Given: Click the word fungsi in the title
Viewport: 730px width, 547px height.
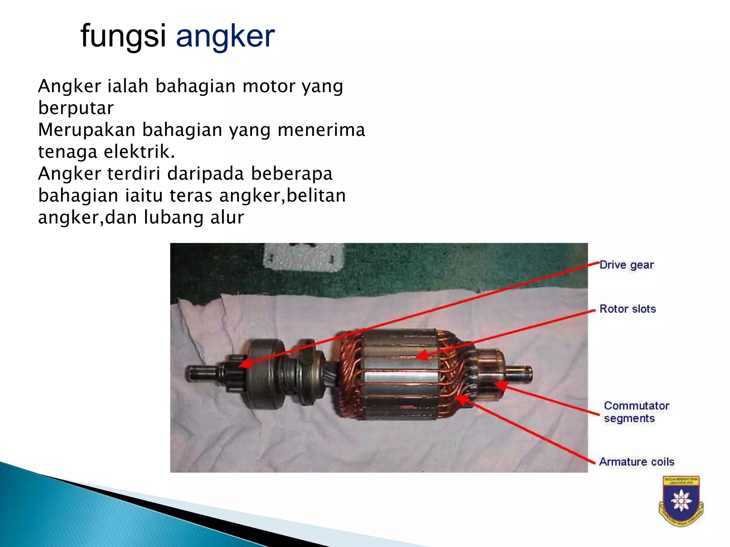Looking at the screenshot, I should point(123,36).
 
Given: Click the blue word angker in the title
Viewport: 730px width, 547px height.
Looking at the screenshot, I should point(225,36).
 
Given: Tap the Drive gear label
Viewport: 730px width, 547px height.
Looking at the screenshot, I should point(627,265).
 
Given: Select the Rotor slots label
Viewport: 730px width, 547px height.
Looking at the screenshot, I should point(628,309).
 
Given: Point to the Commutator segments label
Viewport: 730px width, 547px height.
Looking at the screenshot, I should point(636,412).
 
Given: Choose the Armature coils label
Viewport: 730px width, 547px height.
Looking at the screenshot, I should point(637,462).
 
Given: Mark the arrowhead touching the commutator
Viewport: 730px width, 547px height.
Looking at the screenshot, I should point(499,385).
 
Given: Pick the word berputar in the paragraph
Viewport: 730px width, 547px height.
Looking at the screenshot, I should point(76,108).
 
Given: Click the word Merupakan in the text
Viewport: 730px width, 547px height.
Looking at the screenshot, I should point(87,130).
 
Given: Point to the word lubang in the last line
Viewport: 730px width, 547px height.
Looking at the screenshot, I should point(173,217).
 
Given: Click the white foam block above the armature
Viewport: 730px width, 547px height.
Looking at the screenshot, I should point(303,257).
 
